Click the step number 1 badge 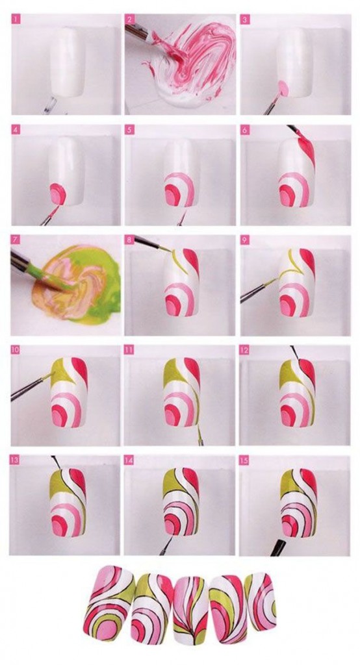click(16, 19)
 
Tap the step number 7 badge click(16, 240)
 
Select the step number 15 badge click(244, 460)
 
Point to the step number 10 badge click(16, 350)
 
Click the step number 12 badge click(244, 350)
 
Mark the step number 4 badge click(16, 130)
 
